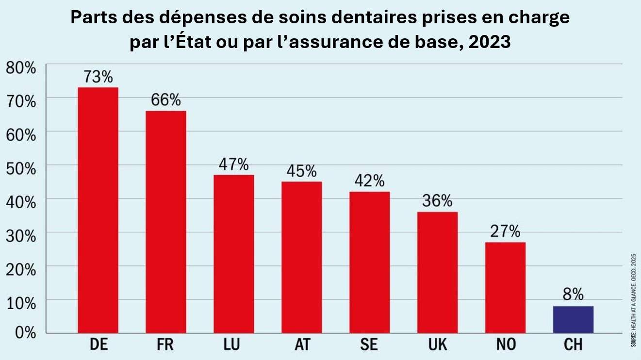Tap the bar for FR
tap(166, 222)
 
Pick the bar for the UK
tap(438, 272)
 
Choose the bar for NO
tap(505, 287)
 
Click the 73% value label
tap(98, 77)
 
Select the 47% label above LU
tap(234, 164)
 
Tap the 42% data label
tap(370, 181)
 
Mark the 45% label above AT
tap(302, 171)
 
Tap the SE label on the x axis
tap(370, 345)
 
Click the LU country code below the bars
tap(234, 345)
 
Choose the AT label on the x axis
tap(302, 345)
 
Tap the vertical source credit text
tap(634, 300)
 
